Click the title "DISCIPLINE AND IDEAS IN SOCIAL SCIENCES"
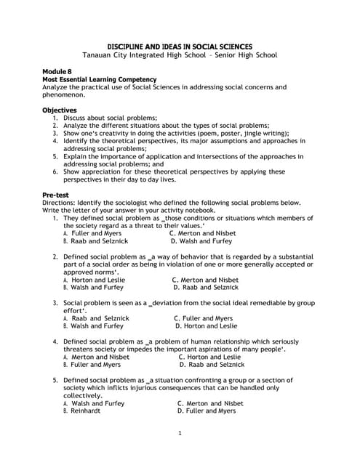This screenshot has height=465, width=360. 180,45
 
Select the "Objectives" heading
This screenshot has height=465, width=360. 61,110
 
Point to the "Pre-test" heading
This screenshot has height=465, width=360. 56,195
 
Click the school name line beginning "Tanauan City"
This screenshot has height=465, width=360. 180,54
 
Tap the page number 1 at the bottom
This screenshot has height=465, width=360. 180,434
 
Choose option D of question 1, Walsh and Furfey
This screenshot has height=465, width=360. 201,240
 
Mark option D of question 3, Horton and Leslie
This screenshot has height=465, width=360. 206,325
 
